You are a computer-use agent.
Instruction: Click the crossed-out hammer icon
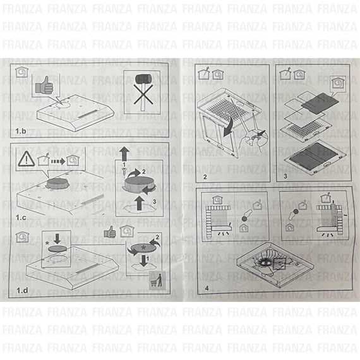(143, 92)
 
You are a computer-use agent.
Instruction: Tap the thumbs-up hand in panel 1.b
(44, 85)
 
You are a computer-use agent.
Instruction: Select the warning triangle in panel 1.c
(27, 159)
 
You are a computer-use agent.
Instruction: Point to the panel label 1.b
(21, 131)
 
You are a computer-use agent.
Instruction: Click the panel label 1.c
(21, 217)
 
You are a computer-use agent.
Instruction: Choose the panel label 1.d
(22, 291)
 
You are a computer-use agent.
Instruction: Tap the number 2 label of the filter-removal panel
(205, 177)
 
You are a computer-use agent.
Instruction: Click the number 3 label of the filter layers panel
(285, 176)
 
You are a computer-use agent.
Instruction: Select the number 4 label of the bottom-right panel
(207, 288)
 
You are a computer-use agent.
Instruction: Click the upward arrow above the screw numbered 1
(124, 153)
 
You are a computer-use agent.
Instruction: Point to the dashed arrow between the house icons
(58, 162)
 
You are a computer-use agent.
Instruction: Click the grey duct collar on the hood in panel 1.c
(55, 184)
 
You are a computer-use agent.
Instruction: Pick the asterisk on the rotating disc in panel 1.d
(144, 248)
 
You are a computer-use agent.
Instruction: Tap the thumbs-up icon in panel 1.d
(110, 232)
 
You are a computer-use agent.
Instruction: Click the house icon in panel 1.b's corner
(21, 72)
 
